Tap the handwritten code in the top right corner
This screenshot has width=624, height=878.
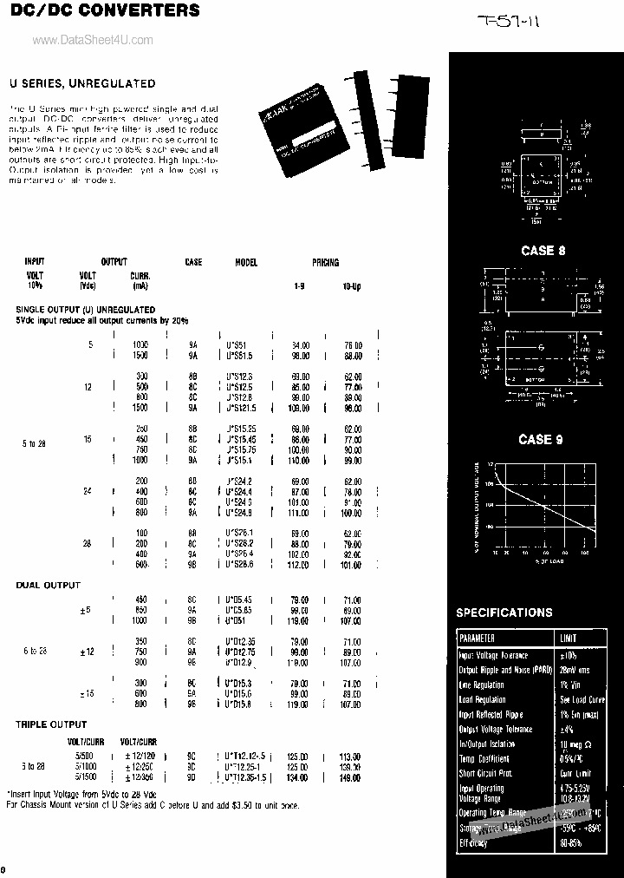click(510, 21)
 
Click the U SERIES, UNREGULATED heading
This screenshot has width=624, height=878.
click(82, 84)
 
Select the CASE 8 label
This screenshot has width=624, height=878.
click(543, 251)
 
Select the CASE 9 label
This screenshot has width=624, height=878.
click(541, 440)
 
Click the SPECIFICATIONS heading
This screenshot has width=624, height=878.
click(504, 613)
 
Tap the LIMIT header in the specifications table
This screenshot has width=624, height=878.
click(569, 639)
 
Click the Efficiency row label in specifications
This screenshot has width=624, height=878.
click(473, 842)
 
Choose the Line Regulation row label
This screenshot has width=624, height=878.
click(482, 685)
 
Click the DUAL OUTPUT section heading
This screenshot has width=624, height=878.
click(49, 586)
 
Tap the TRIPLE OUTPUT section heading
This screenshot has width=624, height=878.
click(51, 724)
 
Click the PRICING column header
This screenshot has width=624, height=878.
click(325, 262)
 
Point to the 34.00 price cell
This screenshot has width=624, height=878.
click(300, 345)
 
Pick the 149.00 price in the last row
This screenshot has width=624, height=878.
click(351, 778)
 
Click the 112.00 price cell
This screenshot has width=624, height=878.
click(299, 565)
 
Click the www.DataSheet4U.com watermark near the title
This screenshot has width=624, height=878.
click(93, 40)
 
